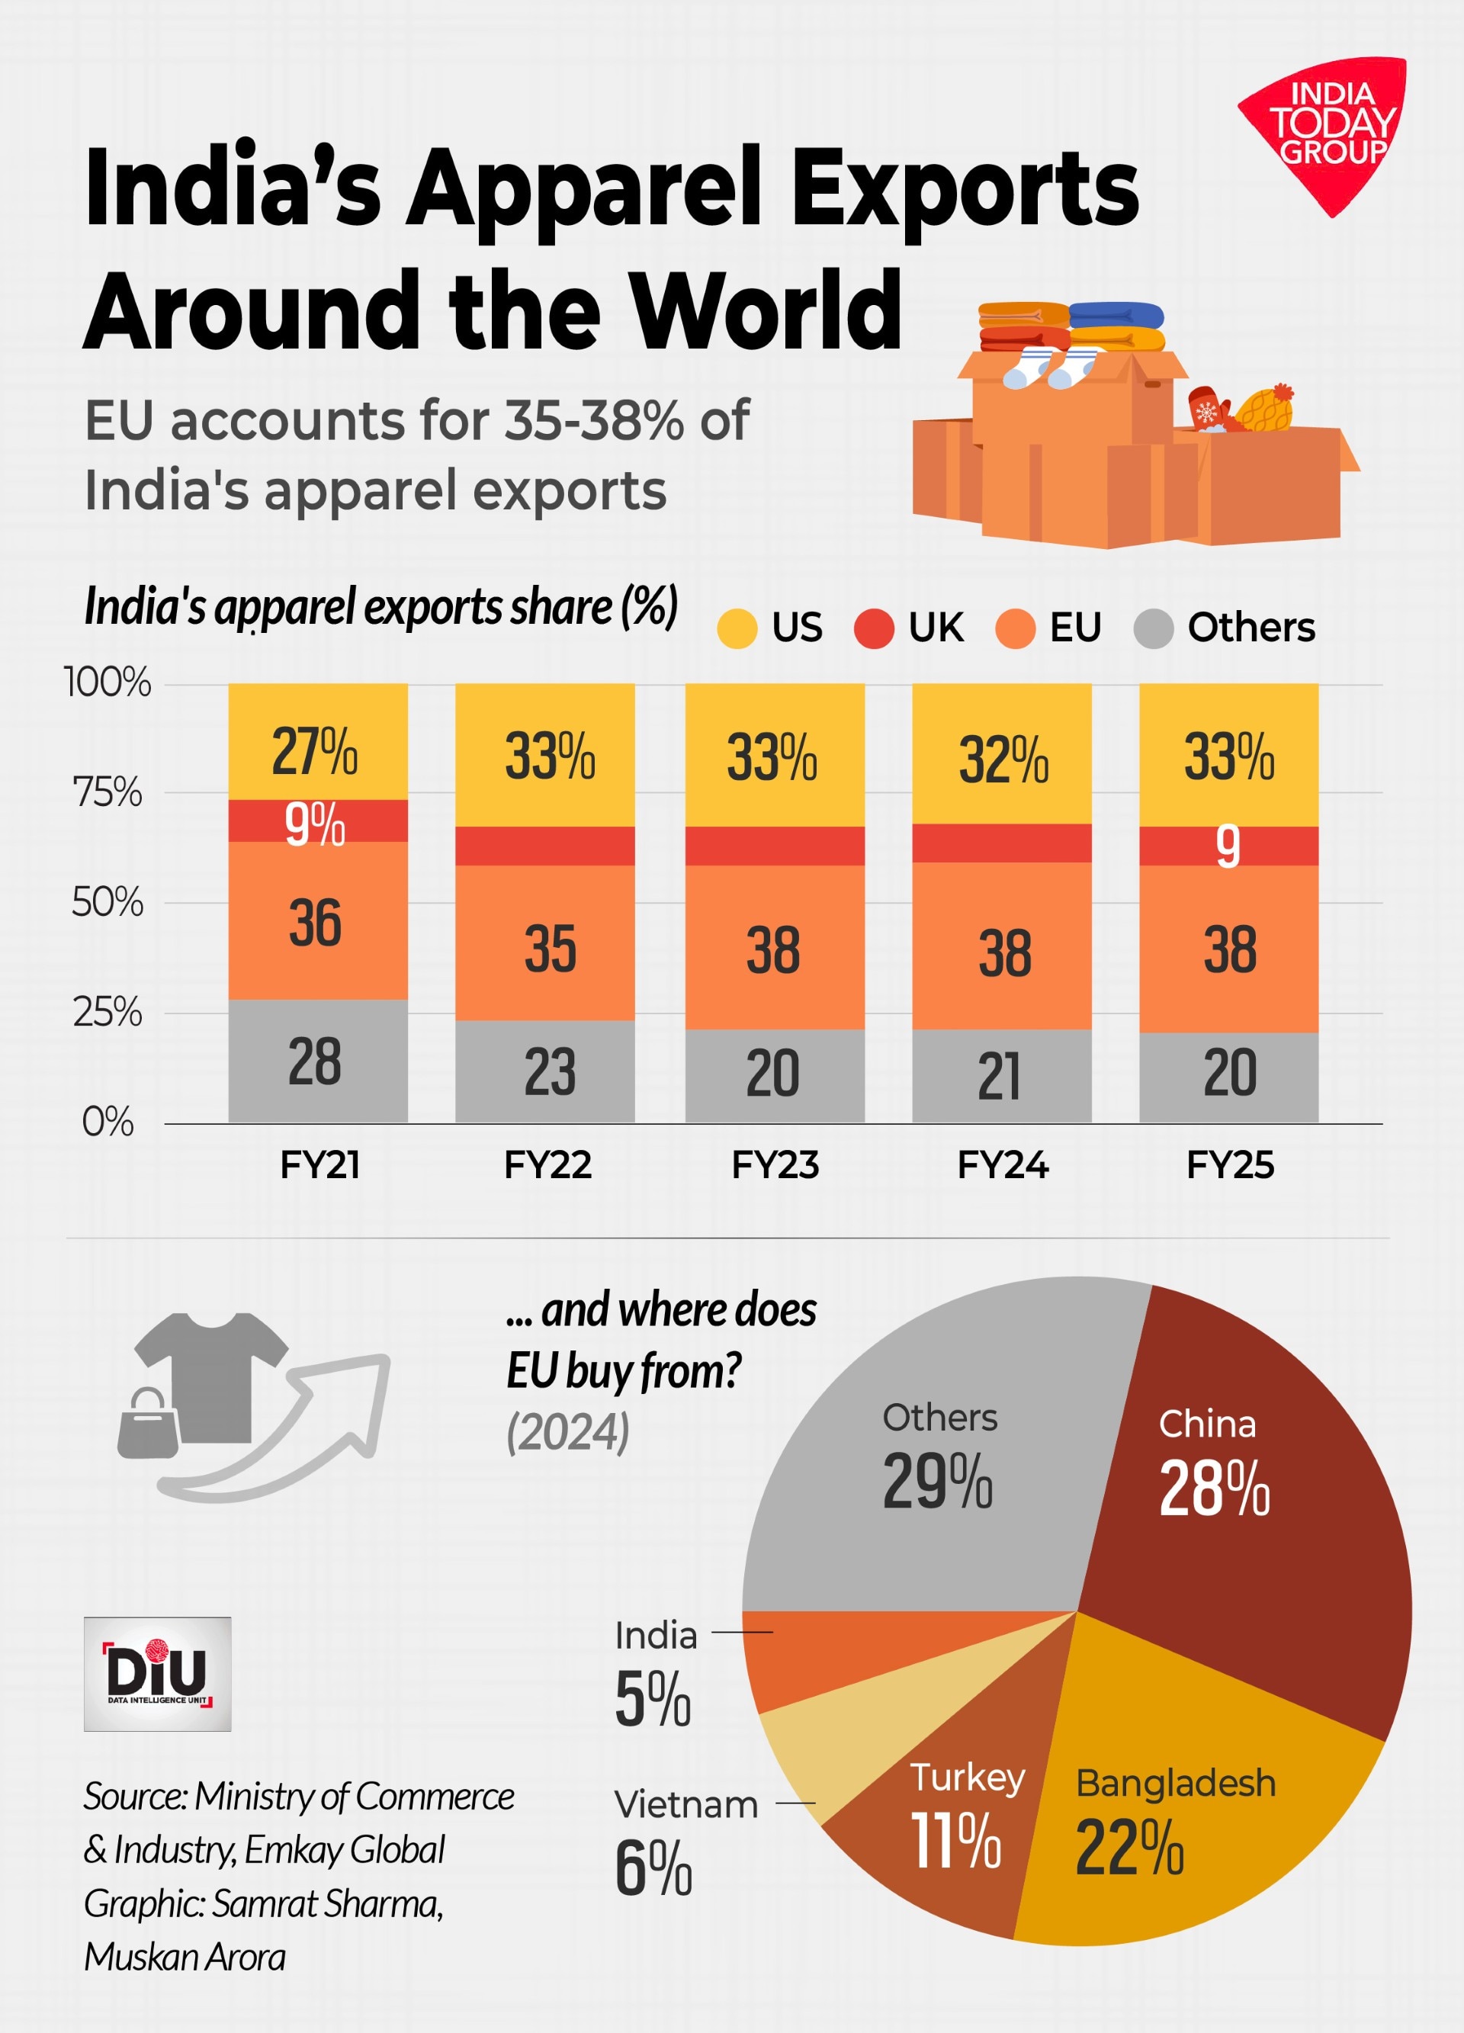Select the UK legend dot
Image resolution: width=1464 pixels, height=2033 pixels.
pos(873,628)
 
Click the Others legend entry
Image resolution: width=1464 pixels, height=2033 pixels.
pos(1225,628)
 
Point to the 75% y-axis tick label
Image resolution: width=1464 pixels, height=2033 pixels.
pos(108,792)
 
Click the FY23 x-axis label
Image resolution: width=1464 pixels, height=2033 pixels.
pos(775,1165)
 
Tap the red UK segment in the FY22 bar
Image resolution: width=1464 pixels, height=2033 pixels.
pos(544,845)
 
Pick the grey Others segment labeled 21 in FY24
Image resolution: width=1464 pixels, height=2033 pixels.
pos(1001,1076)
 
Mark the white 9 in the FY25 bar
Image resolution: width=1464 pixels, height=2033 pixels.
pos(1228,846)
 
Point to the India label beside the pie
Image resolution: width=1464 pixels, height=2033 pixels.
pos(655,1636)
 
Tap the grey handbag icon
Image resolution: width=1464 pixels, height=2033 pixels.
pos(148,1424)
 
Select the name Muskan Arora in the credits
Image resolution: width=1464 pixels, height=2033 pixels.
pos(185,1957)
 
